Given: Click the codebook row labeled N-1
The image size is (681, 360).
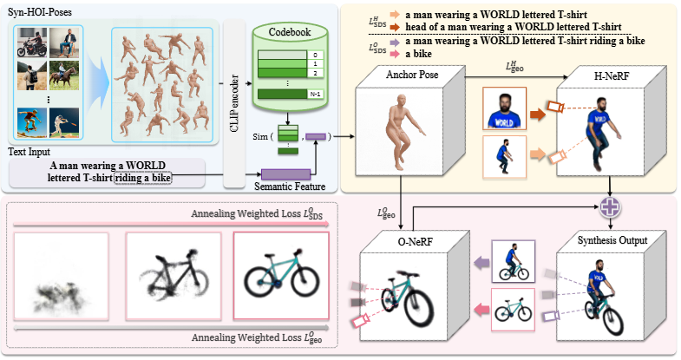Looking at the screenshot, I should click(284, 94).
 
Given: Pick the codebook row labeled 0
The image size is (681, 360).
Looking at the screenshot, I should click(284, 54).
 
